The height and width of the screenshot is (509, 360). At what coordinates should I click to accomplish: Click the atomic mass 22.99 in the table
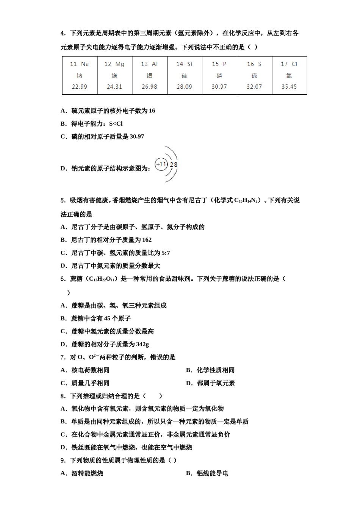tap(79, 87)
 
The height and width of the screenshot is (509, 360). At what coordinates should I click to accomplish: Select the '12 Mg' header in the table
tap(114, 64)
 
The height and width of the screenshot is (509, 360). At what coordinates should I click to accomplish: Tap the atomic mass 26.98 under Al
tap(149, 87)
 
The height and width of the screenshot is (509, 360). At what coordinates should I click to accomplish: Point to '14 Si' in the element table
tap(184, 64)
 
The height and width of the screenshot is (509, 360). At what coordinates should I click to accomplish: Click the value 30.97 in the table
tap(219, 87)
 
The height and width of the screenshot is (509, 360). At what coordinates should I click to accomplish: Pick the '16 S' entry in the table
tap(254, 64)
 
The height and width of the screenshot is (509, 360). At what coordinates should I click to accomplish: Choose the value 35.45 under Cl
tap(289, 87)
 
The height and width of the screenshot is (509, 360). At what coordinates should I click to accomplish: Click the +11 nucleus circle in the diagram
tap(161, 164)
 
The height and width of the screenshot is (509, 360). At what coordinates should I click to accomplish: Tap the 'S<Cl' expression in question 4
tap(116, 124)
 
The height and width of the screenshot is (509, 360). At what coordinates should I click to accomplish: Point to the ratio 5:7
tap(166, 253)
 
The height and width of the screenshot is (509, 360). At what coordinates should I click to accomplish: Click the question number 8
tap(63, 396)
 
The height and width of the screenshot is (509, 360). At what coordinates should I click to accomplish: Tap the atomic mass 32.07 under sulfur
tap(254, 87)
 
